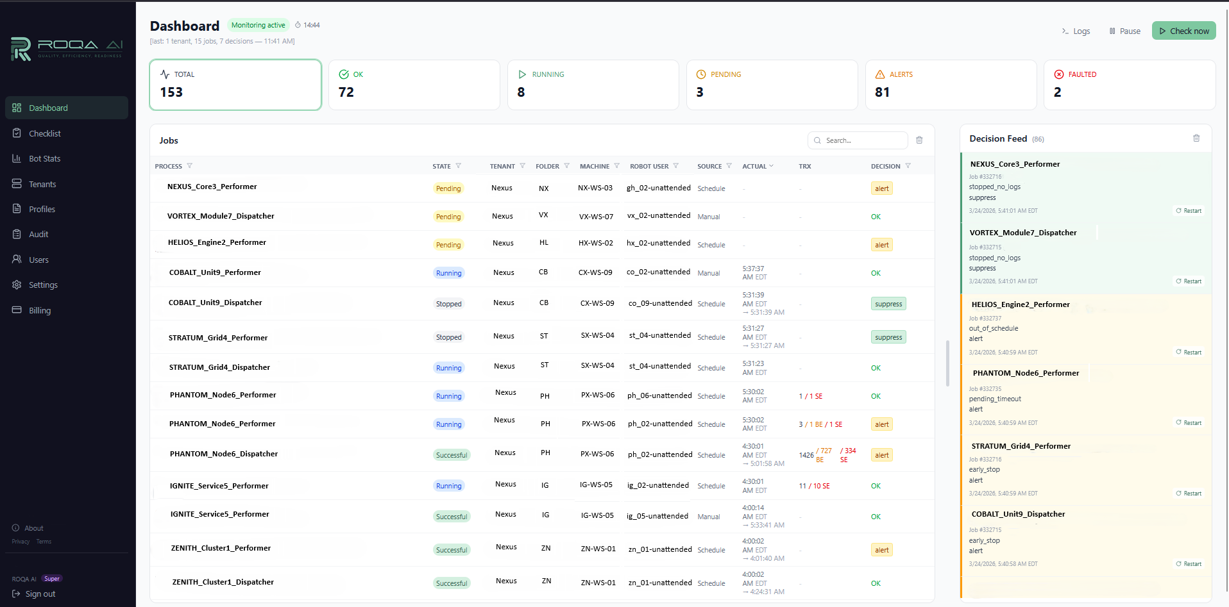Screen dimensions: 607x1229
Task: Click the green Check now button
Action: point(1183,31)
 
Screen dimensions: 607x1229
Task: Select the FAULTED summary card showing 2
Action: point(1129,85)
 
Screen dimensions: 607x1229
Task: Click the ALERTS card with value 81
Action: point(950,85)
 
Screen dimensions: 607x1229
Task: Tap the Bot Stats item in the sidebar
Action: point(44,158)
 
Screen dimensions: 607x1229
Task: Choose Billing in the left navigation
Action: point(39,310)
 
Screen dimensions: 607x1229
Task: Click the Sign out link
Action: point(40,594)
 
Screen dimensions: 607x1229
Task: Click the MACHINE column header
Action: point(594,166)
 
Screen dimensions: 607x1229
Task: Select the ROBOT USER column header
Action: point(648,166)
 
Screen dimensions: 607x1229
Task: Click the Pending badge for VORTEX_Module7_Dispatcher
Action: point(448,217)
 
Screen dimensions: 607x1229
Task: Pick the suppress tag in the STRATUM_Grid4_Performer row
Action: point(888,337)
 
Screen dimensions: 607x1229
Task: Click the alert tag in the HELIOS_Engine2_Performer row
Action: point(882,245)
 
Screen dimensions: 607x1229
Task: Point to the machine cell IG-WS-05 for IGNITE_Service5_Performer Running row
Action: point(596,485)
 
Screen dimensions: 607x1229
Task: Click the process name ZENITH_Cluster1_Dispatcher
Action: point(223,582)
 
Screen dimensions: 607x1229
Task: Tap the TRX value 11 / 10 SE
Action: point(814,486)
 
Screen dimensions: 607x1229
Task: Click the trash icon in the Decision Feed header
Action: point(1196,138)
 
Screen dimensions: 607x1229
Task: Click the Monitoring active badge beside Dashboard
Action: point(258,25)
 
